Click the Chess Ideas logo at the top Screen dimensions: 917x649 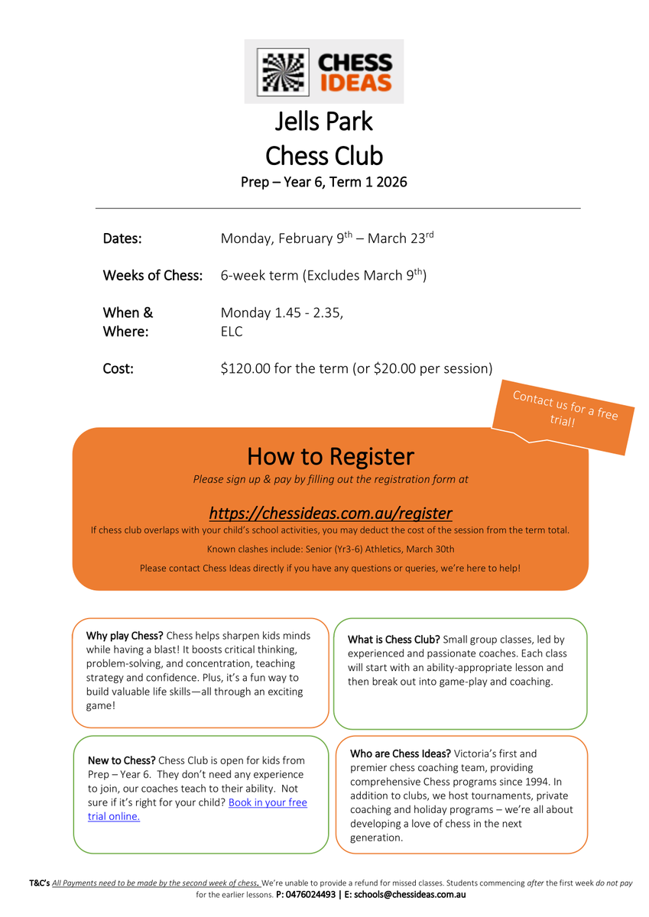click(324, 71)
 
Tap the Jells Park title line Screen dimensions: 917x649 click(324, 122)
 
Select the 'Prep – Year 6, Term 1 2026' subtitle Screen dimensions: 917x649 click(324, 182)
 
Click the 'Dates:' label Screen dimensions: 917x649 click(122, 238)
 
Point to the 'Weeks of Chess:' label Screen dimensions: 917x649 click(153, 275)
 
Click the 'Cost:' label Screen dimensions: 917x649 click(118, 368)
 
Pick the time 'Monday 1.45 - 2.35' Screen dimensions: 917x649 click(281, 313)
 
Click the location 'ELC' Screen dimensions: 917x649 click(231, 332)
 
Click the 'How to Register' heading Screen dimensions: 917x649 click(330, 456)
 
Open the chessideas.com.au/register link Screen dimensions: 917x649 click(330, 512)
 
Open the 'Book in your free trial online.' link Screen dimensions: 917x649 click(197, 809)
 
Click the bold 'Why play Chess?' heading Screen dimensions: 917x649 click(125, 636)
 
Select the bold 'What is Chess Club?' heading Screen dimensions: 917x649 click(394, 640)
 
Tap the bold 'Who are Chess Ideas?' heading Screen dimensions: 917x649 click(401, 754)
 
